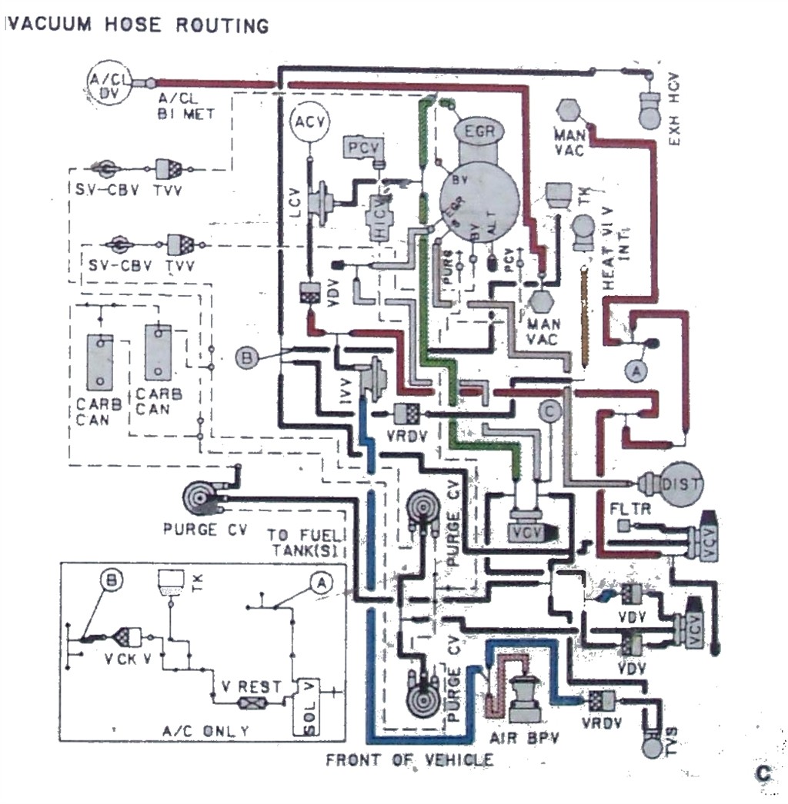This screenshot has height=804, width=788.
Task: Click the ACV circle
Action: (x=309, y=122)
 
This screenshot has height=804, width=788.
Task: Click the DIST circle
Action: (x=683, y=483)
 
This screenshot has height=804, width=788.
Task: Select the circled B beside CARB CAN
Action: (x=246, y=357)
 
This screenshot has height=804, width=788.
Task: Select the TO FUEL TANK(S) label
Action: (x=308, y=542)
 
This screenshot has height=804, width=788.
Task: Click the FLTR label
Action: (x=630, y=509)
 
